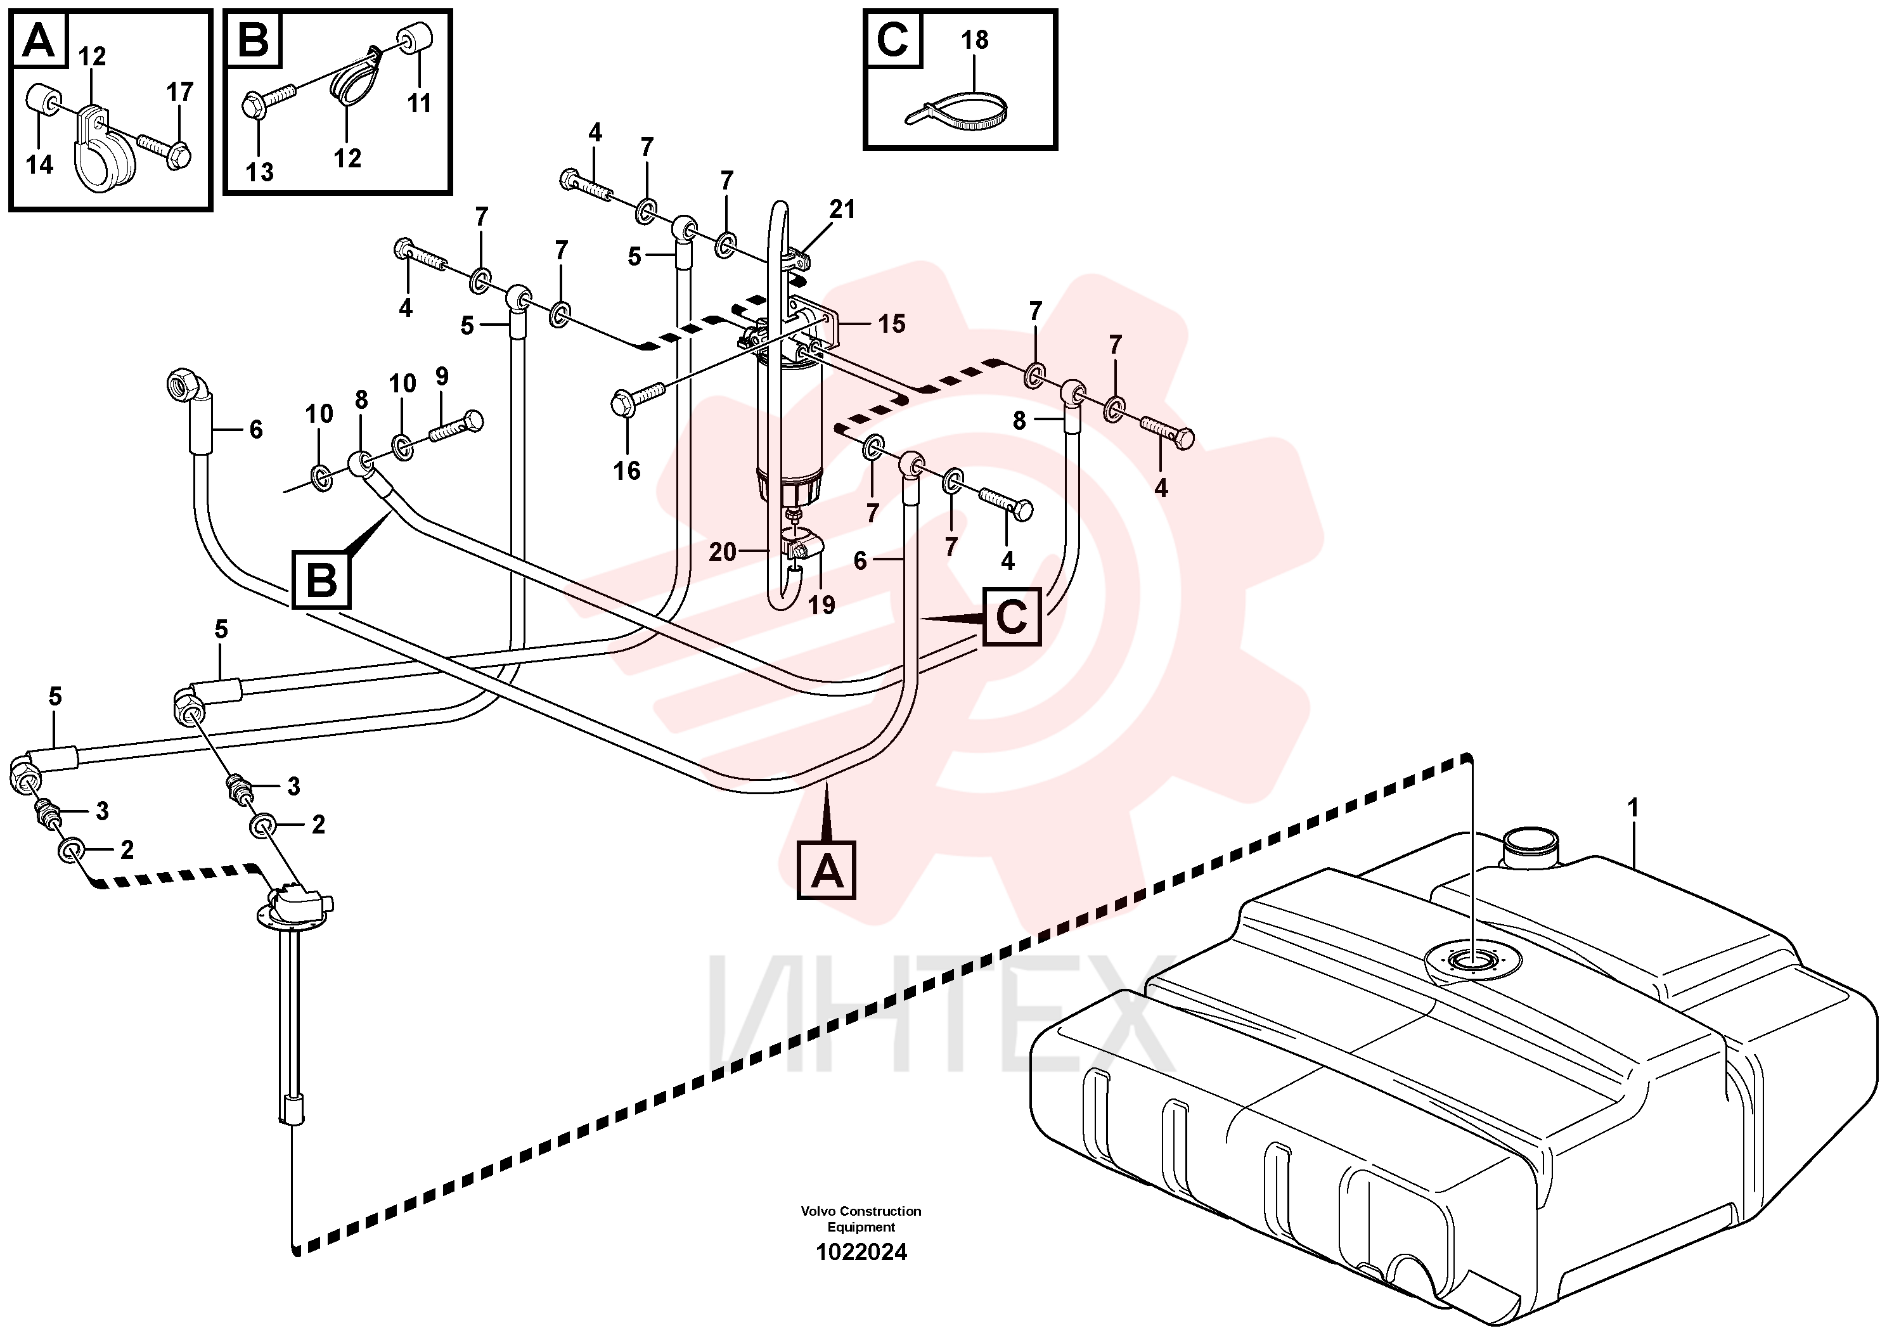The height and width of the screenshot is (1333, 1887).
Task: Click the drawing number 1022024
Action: click(x=861, y=1253)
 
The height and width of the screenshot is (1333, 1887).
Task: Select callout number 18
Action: click(x=975, y=39)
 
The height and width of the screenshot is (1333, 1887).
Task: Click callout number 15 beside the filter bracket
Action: click(x=892, y=324)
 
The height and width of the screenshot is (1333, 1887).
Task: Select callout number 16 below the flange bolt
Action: click(x=627, y=471)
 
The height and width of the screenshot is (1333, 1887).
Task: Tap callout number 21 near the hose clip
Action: click(x=842, y=210)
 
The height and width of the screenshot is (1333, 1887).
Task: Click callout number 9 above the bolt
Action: click(x=442, y=377)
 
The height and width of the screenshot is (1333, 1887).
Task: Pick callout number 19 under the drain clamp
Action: click(x=821, y=605)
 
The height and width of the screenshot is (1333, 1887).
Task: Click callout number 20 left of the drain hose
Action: click(x=723, y=552)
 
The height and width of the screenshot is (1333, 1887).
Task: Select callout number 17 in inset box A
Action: click(x=180, y=91)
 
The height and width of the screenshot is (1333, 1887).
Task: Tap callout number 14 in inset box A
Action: click(x=39, y=165)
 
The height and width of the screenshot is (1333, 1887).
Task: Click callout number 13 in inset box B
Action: click(x=260, y=172)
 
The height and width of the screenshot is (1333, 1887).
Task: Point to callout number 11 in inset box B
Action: click(x=419, y=103)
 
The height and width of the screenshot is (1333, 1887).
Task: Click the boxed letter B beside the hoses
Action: click(x=321, y=580)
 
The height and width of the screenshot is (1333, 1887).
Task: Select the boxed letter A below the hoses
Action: click(x=827, y=870)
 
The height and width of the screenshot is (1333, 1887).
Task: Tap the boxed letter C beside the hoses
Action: click(x=1012, y=616)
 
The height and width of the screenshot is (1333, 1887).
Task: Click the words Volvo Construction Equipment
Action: click(x=861, y=1219)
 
